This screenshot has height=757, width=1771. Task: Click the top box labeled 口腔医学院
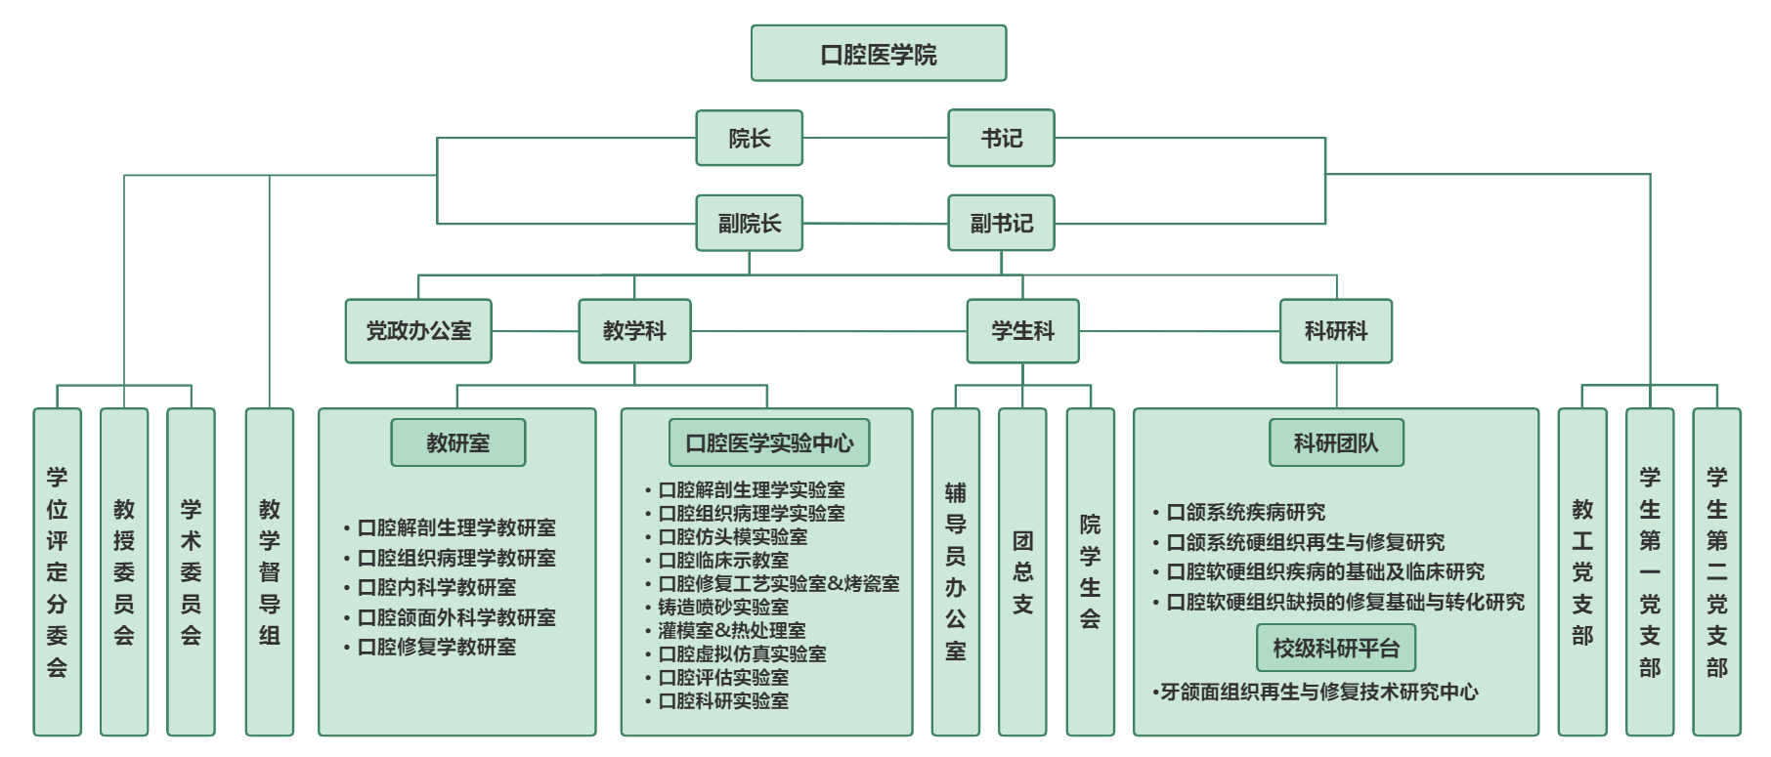click(879, 53)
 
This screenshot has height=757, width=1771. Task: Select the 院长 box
click(750, 138)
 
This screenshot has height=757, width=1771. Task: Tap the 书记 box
click(1002, 138)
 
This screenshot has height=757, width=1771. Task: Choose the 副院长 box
click(750, 223)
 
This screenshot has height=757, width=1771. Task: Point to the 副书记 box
click(1002, 223)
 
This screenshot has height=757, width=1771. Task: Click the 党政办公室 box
click(418, 331)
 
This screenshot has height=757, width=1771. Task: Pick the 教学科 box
click(635, 331)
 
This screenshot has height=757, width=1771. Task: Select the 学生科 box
click(1023, 331)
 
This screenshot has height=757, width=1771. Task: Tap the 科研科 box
click(1336, 331)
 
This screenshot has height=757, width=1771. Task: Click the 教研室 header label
click(458, 442)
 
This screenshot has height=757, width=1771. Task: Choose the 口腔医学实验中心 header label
click(770, 442)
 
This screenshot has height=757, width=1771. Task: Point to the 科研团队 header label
click(1337, 442)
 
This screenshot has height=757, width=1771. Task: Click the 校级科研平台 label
click(1336, 648)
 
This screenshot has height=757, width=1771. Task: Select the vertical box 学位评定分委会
click(58, 572)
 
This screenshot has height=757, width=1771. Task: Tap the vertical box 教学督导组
click(270, 572)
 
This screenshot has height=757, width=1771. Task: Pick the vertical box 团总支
click(1022, 572)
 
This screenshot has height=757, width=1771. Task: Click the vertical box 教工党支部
click(1582, 572)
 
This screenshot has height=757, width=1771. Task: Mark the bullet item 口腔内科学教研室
click(437, 587)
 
